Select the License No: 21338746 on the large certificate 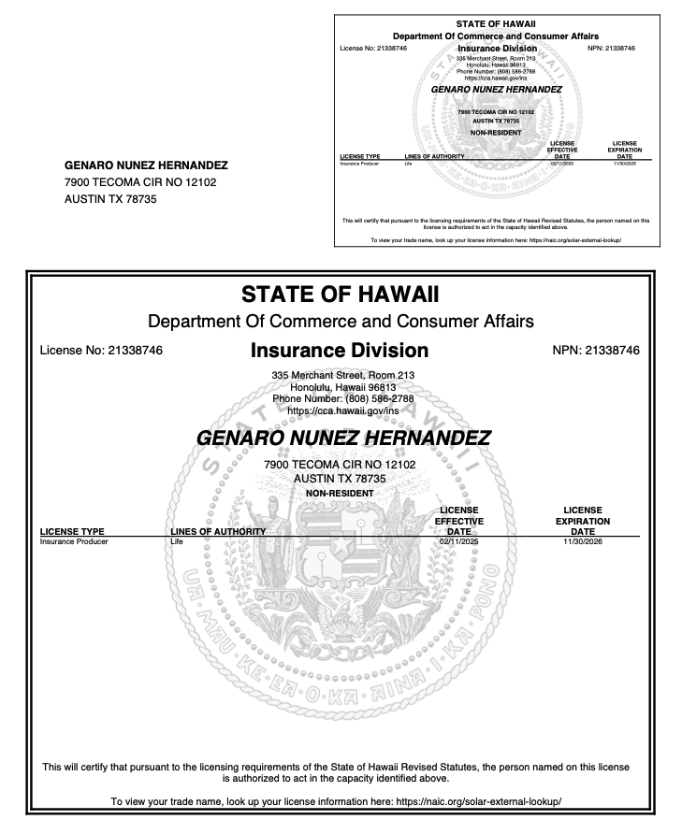click(x=102, y=352)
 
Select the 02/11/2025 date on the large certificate click(x=457, y=540)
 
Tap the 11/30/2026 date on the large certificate click(x=583, y=540)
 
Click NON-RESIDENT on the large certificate click(x=340, y=492)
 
